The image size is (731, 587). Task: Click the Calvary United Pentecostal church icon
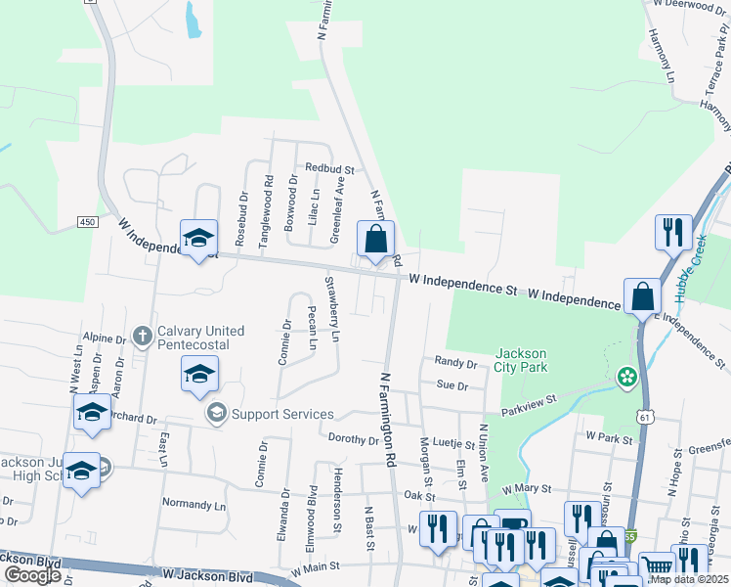pos(142,336)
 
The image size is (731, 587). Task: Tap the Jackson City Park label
pos(522,360)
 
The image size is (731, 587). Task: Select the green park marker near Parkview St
pos(625,377)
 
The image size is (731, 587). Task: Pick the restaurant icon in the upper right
pos(672,232)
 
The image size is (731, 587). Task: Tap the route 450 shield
pos(88,222)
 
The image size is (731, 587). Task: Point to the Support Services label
pos(282,414)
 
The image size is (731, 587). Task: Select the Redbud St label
pos(328,168)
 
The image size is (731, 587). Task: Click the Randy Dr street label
pos(455,363)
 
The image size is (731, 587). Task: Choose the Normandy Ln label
pos(193,506)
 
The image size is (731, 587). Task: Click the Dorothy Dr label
pos(353,439)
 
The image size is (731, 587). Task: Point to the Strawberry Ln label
pos(332,309)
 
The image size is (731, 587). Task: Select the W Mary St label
pos(527,487)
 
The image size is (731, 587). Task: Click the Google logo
pos(32,575)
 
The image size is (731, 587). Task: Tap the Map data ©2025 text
pos(689,579)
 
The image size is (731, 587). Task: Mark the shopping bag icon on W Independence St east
pos(642,296)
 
